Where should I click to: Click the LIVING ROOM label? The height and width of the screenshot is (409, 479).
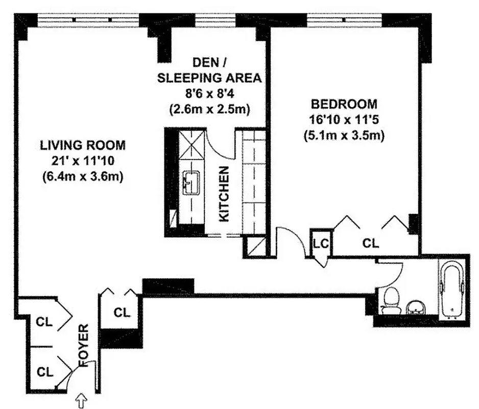click(82, 145)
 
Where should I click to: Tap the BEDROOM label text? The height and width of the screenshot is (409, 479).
click(344, 104)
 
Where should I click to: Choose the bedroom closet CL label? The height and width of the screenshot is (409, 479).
click(371, 243)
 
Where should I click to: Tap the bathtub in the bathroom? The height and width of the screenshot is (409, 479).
click(453, 289)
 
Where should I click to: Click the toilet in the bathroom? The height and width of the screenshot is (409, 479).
click(392, 300)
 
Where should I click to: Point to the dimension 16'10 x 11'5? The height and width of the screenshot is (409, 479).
click(344, 120)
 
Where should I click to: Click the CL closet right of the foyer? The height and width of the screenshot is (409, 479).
click(122, 312)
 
